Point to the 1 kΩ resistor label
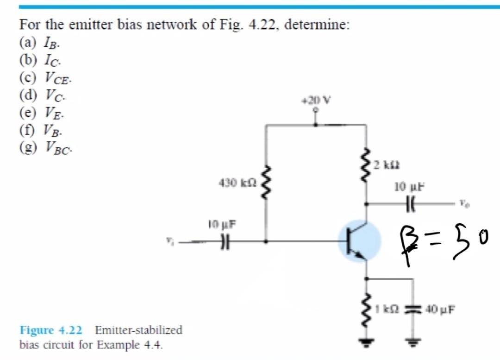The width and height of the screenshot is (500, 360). pos(385,308)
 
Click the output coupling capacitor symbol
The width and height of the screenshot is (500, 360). pos(410,203)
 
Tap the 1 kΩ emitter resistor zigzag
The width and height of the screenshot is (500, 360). pos(367,308)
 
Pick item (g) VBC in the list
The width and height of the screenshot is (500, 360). pos(46,147)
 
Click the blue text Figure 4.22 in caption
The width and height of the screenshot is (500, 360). pos(50,330)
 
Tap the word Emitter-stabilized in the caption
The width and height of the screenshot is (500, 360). pos(138,330)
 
